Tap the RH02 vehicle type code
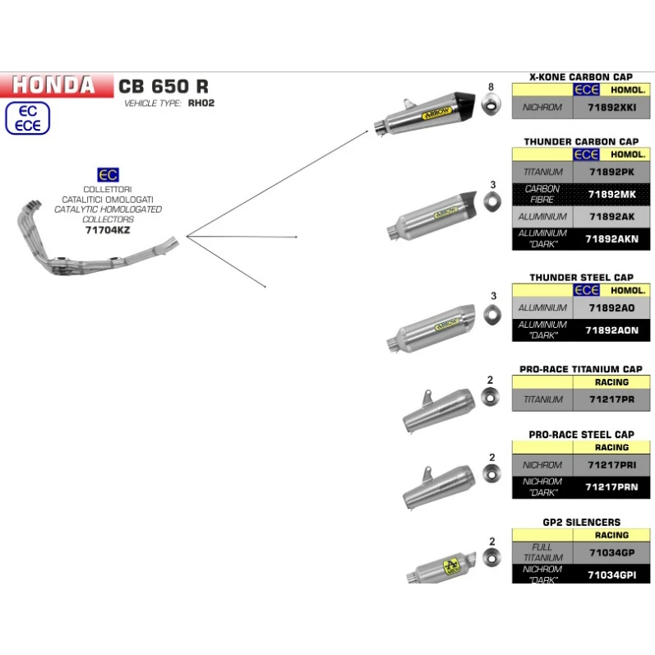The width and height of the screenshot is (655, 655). (x=202, y=104)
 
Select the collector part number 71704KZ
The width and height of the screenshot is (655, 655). (x=108, y=231)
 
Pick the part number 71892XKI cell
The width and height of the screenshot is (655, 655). (x=611, y=107)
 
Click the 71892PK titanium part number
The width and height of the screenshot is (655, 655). (x=611, y=172)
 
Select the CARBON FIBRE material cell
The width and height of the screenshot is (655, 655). (x=542, y=194)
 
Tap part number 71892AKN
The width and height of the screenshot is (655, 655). (x=611, y=239)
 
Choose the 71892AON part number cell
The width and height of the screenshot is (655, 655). (x=611, y=330)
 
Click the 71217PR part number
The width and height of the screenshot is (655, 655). (x=611, y=399)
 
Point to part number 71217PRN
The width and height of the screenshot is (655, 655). (x=611, y=487)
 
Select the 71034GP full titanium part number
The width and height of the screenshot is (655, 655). (x=611, y=552)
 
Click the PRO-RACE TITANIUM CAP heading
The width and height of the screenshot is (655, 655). (x=581, y=369)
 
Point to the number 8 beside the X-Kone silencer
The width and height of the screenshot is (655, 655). (x=491, y=86)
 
